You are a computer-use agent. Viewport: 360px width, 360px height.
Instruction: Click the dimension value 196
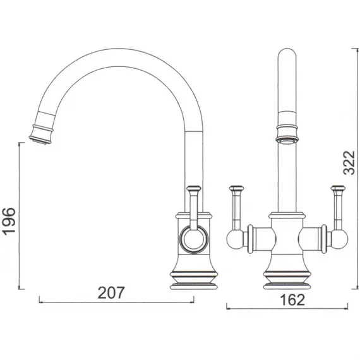(x=9, y=221)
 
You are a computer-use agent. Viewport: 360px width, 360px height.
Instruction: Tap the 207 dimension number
(x=111, y=292)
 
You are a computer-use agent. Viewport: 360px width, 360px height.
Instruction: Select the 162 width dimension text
(x=292, y=299)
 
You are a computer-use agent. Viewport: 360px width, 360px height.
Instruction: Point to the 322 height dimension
(x=349, y=162)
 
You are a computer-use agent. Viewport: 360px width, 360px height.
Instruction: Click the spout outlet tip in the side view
(x=40, y=140)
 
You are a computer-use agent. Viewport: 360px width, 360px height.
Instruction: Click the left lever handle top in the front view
(x=236, y=188)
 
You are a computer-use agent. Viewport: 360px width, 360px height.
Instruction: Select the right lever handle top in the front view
(x=338, y=188)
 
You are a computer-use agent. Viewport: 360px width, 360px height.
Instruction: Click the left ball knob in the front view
(x=235, y=239)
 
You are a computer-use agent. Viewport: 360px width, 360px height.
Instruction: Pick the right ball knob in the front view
(x=340, y=239)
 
